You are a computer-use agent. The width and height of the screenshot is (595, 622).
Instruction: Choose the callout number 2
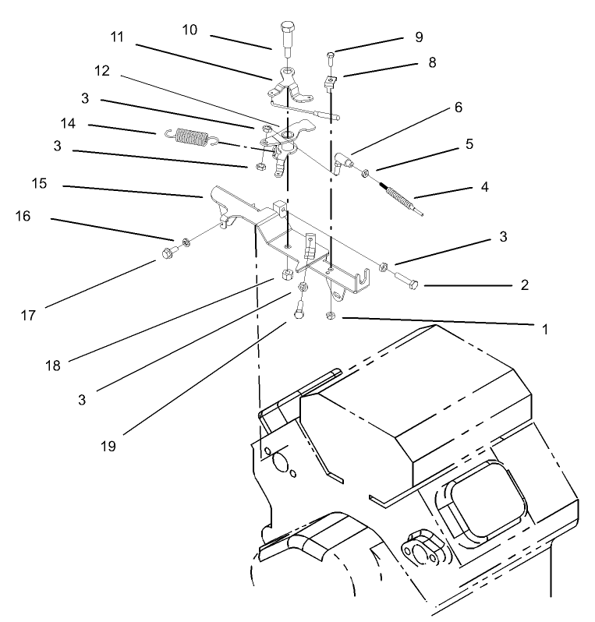(525, 285)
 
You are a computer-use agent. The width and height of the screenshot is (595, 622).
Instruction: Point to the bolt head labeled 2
(414, 284)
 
